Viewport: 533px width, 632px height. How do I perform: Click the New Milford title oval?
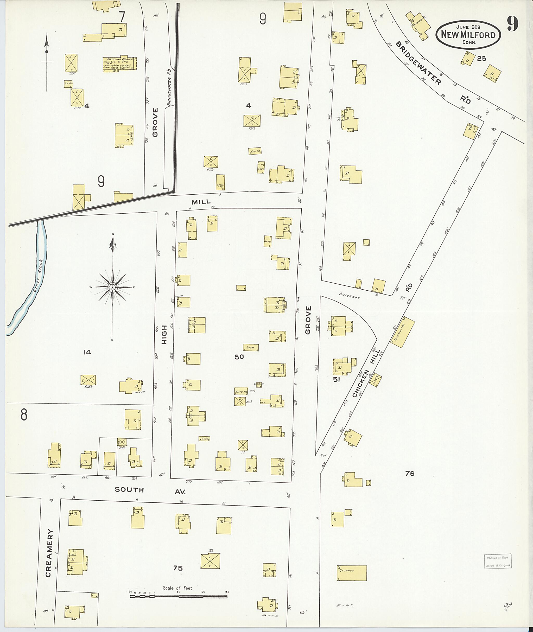coord(468,34)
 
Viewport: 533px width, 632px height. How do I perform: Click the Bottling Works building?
coord(120,64)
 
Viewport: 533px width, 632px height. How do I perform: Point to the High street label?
coord(164,334)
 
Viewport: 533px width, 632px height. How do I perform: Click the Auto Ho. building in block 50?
coord(241,392)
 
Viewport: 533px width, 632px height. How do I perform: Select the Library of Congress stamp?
coord(498,561)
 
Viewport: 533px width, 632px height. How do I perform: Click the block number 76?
coord(410,473)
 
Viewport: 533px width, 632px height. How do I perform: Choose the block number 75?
coord(178,568)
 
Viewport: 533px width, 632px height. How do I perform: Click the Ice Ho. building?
coord(68,84)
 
